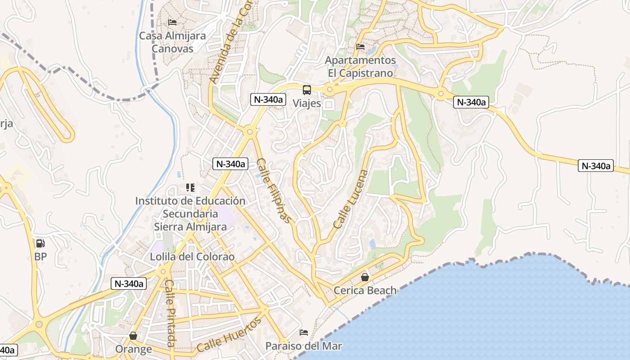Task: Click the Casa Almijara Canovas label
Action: [x=172, y=42]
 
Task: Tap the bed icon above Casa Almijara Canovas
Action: [x=172, y=22]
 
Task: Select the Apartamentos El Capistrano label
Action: [x=360, y=66]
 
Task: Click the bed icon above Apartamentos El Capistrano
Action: [x=360, y=47]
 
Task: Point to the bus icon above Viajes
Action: [x=307, y=90]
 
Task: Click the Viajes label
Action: [x=307, y=103]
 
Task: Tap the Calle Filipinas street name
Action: [x=274, y=190]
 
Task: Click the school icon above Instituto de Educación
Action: [x=190, y=187]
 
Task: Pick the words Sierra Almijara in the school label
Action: [x=190, y=226]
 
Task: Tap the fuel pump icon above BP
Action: [x=40, y=243]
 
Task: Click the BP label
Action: [x=40, y=257]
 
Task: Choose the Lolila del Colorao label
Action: [x=193, y=256]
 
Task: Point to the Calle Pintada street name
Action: [x=170, y=313]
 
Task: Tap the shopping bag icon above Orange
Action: [x=133, y=336]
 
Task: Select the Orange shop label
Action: [x=133, y=349]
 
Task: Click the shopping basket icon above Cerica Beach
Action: [x=365, y=277]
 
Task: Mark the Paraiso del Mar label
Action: [x=304, y=346]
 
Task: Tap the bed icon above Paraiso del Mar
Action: [x=304, y=333]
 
